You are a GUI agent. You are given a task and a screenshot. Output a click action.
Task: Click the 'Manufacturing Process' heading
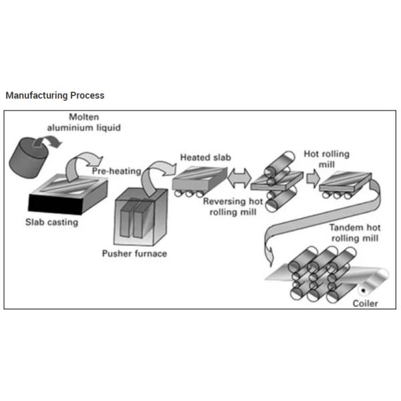(55, 96)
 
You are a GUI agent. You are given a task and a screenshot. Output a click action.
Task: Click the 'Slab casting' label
(51, 223)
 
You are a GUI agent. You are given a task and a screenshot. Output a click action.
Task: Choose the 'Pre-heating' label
(116, 171)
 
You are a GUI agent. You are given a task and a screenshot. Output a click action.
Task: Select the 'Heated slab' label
(206, 158)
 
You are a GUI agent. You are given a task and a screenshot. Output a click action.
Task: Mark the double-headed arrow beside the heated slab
(239, 178)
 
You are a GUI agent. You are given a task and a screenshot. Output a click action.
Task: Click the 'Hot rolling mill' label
(327, 158)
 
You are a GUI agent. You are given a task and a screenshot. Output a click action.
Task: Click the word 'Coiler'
(365, 303)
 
